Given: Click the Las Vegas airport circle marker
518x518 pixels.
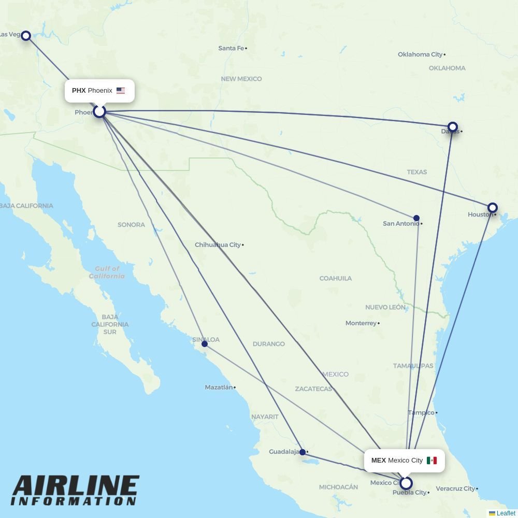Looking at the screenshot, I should [25, 36].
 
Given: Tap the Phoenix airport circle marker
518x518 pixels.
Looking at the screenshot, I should [99, 111].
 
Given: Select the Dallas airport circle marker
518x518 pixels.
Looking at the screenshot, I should [453, 127].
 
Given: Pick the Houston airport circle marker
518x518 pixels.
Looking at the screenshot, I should [493, 208].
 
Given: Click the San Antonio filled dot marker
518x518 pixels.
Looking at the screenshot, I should [416, 218].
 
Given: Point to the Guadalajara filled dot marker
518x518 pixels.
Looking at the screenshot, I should [303, 452].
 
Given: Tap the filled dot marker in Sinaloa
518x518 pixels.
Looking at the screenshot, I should [205, 344].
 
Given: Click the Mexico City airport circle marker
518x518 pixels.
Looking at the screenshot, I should [406, 483].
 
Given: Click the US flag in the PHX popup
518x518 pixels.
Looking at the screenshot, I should [121, 91].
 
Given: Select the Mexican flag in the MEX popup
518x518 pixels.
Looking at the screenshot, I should [431, 461].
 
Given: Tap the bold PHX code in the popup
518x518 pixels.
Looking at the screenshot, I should [79, 91].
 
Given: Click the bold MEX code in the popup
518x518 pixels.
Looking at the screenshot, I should [379, 461].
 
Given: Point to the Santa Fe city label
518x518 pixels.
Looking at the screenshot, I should [231, 48].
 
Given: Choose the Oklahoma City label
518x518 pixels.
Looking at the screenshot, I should [420, 54].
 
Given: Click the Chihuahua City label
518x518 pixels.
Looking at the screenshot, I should [218, 244].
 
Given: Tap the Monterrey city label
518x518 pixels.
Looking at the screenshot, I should [361, 323].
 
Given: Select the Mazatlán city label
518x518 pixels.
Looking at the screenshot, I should [219, 387].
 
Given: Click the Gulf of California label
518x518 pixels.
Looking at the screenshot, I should [107, 272].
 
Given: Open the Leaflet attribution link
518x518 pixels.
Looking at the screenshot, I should [506, 513].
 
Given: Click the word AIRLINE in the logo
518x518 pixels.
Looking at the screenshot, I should [75, 487].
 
